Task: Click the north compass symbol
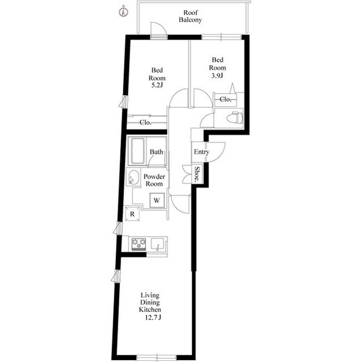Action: (123, 11)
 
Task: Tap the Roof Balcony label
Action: (191, 16)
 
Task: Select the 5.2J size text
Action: (157, 85)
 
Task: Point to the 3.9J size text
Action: (217, 75)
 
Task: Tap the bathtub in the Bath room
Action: (138, 151)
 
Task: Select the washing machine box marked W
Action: (157, 200)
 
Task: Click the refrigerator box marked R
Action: (132, 214)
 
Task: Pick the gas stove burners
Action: (139, 244)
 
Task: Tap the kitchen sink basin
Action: (157, 244)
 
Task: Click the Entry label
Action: (201, 152)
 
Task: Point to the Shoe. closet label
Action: (197, 174)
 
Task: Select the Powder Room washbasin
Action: (133, 177)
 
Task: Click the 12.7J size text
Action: (153, 318)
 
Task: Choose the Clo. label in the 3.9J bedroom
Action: (225, 99)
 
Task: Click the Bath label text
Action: (156, 152)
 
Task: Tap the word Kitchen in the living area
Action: (150, 309)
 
